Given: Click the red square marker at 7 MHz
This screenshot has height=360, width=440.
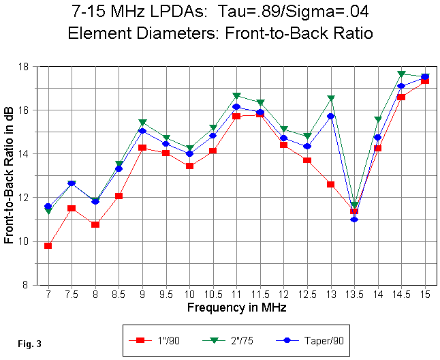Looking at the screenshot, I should click(x=48, y=245).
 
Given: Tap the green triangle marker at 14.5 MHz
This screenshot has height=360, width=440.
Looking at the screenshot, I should click(x=402, y=74).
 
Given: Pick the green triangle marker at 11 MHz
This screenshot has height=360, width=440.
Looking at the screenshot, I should click(x=236, y=95).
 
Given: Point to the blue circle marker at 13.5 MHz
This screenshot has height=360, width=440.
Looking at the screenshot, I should click(x=354, y=219).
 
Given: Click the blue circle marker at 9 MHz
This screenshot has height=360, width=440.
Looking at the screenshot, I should click(x=142, y=131).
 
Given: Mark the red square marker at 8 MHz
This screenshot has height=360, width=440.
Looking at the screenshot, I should click(x=95, y=224).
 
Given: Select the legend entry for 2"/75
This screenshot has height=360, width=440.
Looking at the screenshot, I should click(x=236, y=339).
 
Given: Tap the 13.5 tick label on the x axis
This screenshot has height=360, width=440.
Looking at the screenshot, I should click(x=354, y=294).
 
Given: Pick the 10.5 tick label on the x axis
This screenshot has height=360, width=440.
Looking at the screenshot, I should click(x=213, y=294).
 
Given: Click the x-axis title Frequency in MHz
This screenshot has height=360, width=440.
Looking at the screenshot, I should click(x=236, y=307).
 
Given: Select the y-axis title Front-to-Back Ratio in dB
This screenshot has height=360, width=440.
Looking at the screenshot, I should click(x=10, y=175).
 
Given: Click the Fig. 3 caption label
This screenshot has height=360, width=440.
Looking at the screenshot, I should click(x=29, y=344).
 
